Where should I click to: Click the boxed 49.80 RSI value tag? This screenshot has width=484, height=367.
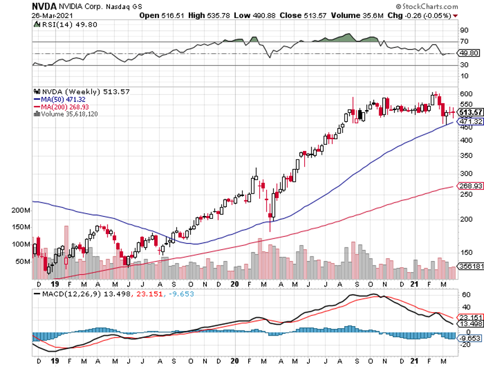click(469, 53)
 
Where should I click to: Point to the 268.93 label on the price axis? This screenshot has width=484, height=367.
click(470, 186)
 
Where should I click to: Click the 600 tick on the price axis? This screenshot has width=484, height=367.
click(466, 94)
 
